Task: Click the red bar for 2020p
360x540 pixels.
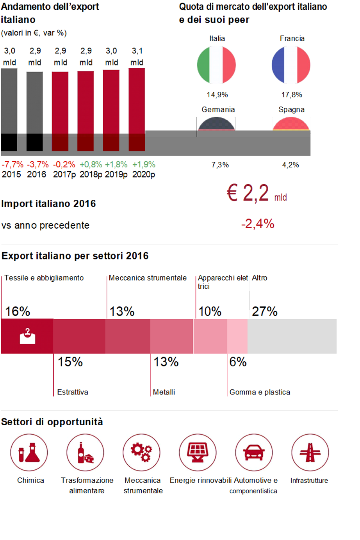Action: click(x=137, y=109)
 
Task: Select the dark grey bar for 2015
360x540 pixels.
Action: click(x=9, y=109)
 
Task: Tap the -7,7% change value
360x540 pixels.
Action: click(x=12, y=165)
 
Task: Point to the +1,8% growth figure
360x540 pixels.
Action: click(x=116, y=165)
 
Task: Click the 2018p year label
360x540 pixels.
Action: click(x=91, y=174)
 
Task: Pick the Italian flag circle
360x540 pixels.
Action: click(x=216, y=65)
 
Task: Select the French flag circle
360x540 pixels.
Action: click(x=291, y=65)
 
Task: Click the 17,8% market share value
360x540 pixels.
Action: click(x=292, y=95)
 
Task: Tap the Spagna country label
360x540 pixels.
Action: click(x=291, y=110)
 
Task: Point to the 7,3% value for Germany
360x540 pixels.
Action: click(x=220, y=165)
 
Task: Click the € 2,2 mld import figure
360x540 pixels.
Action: click(x=257, y=193)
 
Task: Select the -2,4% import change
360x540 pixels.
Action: click(x=258, y=224)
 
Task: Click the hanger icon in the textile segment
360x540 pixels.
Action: click(x=27, y=336)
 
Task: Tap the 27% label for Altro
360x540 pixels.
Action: click(x=265, y=311)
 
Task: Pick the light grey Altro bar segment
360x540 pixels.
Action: click(x=292, y=336)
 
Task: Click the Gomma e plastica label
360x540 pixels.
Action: click(x=260, y=392)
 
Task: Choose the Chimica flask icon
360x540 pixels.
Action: click(x=29, y=453)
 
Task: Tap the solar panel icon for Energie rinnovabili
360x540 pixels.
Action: click(x=198, y=453)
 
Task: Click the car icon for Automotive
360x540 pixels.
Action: click(x=254, y=453)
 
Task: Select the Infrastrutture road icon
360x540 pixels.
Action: click(x=310, y=453)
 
